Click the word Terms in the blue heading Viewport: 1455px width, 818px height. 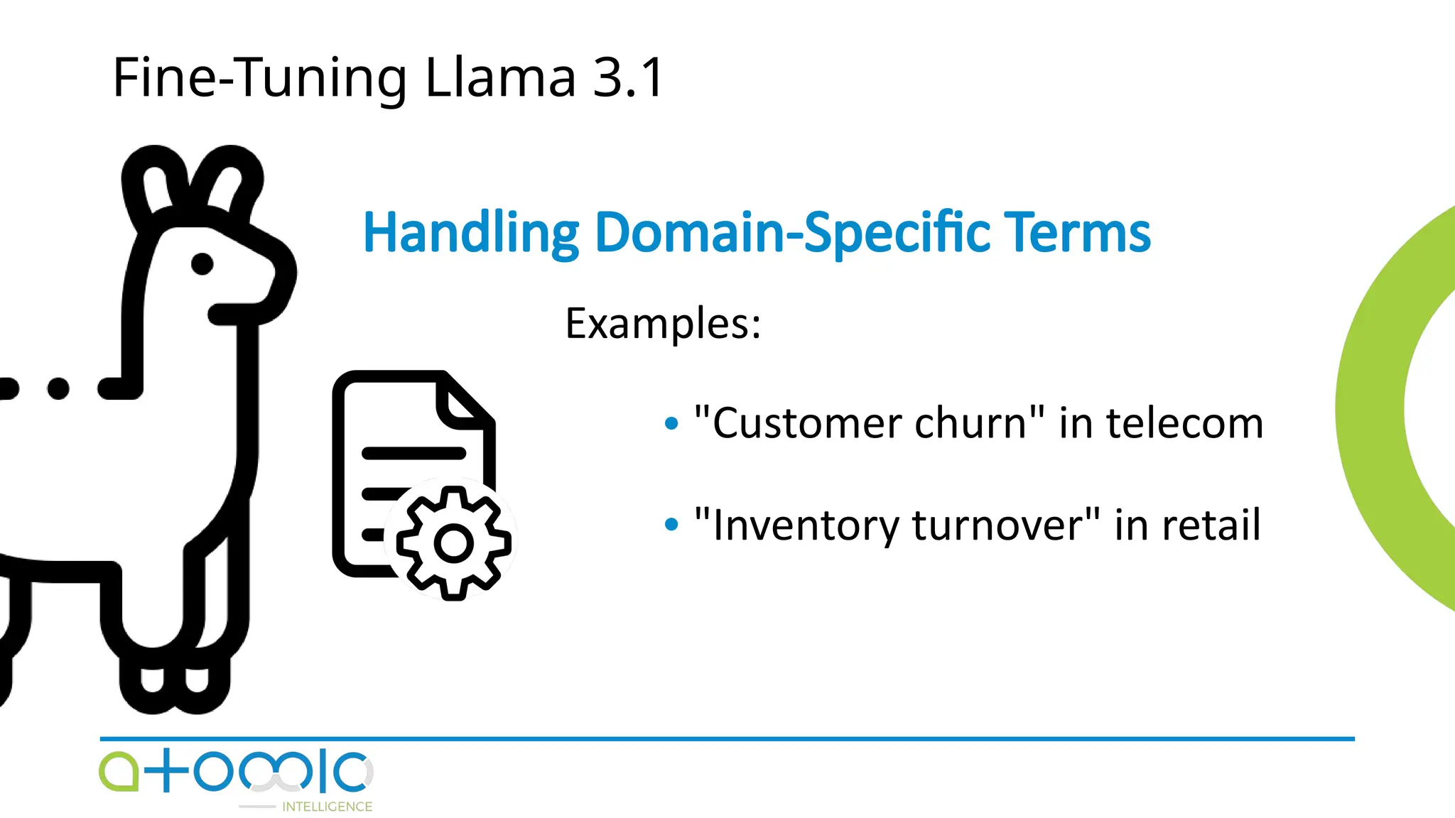point(1079,233)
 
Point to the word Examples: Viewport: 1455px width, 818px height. point(663,324)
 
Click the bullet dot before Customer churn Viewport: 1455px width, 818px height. point(671,424)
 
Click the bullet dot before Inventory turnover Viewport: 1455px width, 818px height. point(671,525)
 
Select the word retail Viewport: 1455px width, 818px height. point(1211,525)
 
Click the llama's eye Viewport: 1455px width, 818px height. point(202,263)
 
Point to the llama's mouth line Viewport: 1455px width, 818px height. point(234,314)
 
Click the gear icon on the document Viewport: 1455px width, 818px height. point(453,543)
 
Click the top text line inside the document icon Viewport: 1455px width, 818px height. point(413,453)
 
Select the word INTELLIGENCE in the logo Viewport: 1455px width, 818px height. point(327,807)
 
